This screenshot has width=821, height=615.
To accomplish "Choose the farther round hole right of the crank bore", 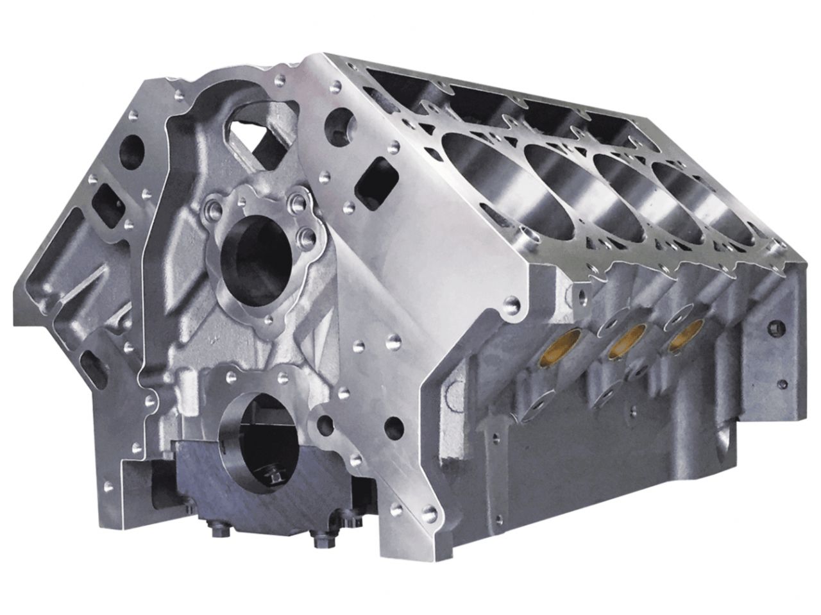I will click(393, 426).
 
